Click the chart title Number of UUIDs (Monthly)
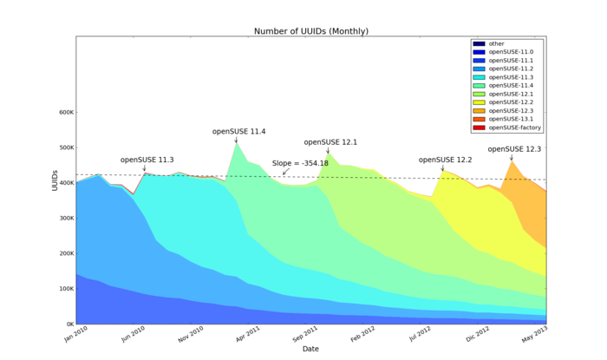[x=310, y=31]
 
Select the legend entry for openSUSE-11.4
[x=511, y=86]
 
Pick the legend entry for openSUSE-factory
[x=514, y=128]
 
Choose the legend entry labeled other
[x=496, y=43]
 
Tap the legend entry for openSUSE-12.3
[x=511, y=111]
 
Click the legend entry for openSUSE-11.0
[x=511, y=52]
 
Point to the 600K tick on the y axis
[x=63, y=112]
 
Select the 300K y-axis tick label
[x=63, y=219]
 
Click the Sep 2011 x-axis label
[x=304, y=333]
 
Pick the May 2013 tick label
[x=535, y=333]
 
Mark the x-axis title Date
[x=310, y=349]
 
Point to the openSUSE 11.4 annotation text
[x=238, y=132]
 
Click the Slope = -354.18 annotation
[x=300, y=163]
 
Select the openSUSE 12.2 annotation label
[x=445, y=160]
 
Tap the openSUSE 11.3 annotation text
[x=147, y=160]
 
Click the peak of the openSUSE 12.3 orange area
[x=512, y=161]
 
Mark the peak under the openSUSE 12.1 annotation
[x=328, y=154]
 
